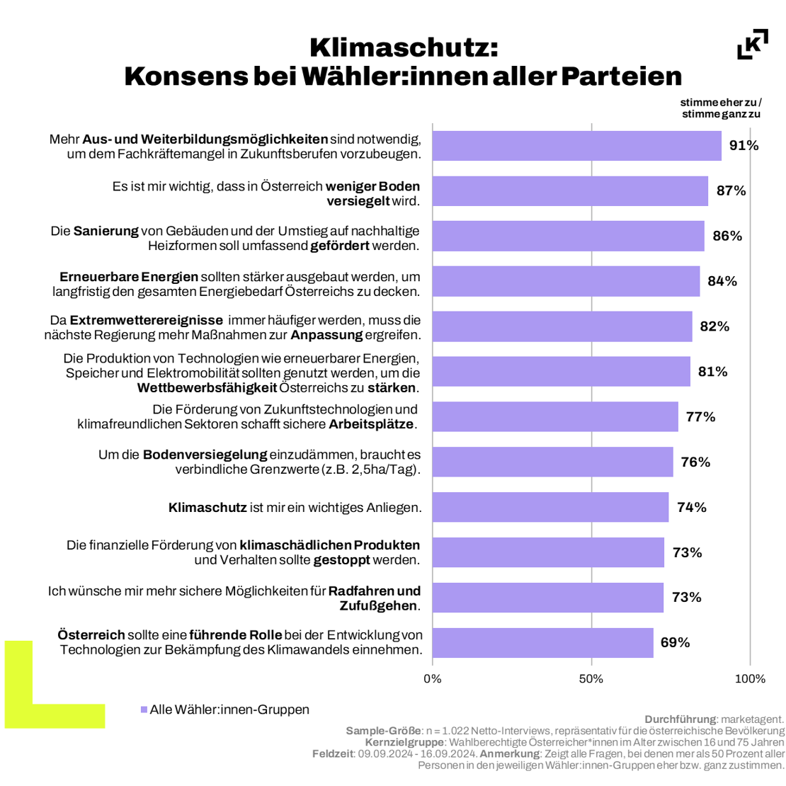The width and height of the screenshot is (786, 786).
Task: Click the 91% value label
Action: [744, 146]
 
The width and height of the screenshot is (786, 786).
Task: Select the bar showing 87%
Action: [570, 191]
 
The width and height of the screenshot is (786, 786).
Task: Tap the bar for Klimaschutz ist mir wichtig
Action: [550, 507]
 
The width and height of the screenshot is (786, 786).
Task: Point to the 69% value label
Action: [675, 643]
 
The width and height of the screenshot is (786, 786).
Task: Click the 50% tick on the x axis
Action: [591, 679]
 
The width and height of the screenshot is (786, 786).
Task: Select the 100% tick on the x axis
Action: [750, 679]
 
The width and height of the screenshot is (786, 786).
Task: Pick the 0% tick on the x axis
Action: [433, 679]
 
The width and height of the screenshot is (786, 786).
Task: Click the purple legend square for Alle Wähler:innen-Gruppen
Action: [144, 710]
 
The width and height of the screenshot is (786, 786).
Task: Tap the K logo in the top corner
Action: [753, 45]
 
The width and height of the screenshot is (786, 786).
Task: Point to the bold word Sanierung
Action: [106, 232]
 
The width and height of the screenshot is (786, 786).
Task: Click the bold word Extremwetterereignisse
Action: [147, 320]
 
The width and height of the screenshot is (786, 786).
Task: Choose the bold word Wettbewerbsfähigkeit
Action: [207, 388]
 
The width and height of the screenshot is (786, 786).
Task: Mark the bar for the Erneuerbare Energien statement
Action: [566, 282]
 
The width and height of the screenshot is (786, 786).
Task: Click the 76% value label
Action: [695, 462]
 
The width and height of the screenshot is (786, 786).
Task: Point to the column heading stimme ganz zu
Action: [721, 114]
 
